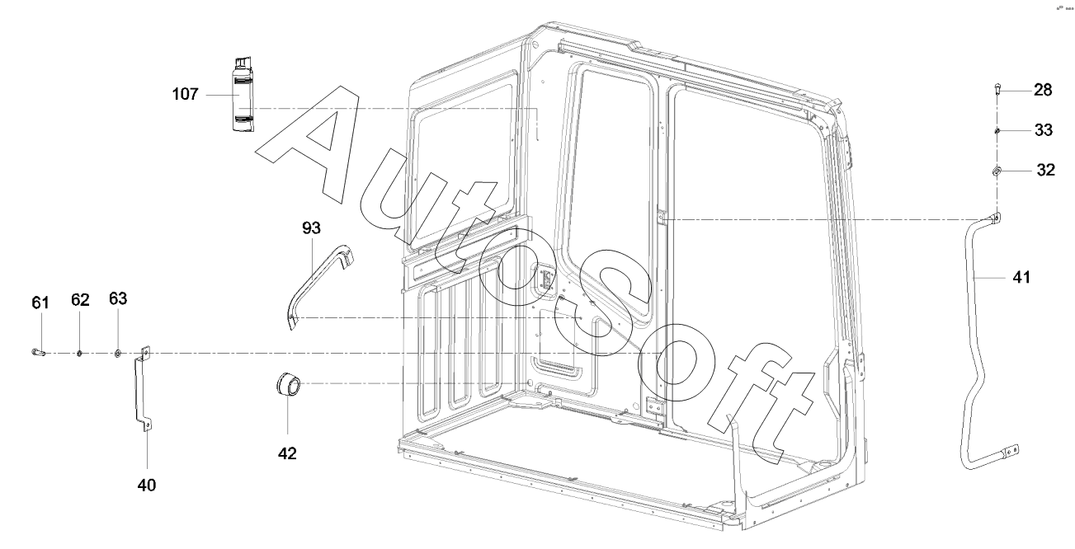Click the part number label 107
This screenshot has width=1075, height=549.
(185, 95)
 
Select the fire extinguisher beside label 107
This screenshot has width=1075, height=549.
(241, 94)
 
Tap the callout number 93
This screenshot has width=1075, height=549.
(312, 227)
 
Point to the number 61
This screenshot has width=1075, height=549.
(40, 303)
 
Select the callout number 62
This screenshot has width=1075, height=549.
(80, 300)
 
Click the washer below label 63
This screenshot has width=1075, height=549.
(118, 353)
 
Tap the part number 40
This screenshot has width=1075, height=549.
(147, 485)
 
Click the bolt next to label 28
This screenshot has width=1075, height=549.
(997, 90)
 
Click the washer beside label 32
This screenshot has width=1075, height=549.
(997, 171)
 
